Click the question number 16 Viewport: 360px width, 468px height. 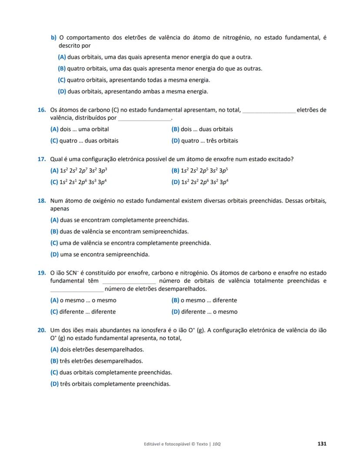(x=42, y=110)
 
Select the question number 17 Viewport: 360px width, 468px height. (x=42, y=159)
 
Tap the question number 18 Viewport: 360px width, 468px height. (x=42, y=201)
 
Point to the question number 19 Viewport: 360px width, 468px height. (x=42, y=273)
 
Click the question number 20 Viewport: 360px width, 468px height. (x=42, y=330)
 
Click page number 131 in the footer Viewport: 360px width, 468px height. (x=322, y=444)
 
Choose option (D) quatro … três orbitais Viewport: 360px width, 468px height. (x=205, y=141)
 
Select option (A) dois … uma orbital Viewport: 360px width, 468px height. (x=80, y=129)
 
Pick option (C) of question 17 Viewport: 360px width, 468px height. (x=79, y=183)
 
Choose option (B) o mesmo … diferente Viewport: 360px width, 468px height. (x=204, y=300)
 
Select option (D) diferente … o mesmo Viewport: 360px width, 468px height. (x=204, y=312)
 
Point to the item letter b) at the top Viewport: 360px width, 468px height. (x=54, y=38)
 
